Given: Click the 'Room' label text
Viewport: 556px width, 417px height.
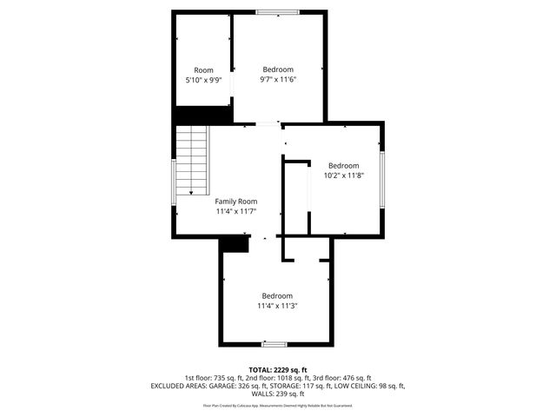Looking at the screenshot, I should [x=203, y=70].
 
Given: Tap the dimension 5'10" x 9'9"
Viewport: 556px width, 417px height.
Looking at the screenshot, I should [x=203, y=80].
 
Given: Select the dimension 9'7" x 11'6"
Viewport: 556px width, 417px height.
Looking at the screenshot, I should [x=278, y=79].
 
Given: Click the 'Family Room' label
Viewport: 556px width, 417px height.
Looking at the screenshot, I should [x=236, y=201].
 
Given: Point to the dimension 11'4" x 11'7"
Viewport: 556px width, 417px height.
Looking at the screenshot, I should [x=236, y=210].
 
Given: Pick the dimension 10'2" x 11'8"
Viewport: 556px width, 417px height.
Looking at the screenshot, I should [x=343, y=175].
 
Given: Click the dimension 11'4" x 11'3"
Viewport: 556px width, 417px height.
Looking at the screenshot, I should [x=277, y=305].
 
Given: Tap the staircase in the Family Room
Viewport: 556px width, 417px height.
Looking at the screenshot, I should [x=193, y=161].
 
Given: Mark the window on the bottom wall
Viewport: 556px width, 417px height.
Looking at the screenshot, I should [x=275, y=344].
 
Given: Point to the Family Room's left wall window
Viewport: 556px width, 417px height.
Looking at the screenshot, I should [x=174, y=182].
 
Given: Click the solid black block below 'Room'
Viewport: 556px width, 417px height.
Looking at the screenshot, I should [x=202, y=116].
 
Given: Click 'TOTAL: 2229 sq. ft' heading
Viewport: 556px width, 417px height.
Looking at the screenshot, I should [x=278, y=369].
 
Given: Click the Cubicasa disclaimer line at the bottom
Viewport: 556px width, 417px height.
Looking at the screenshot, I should [x=278, y=405].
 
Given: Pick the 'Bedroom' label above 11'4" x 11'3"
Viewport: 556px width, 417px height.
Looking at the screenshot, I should [x=277, y=295].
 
